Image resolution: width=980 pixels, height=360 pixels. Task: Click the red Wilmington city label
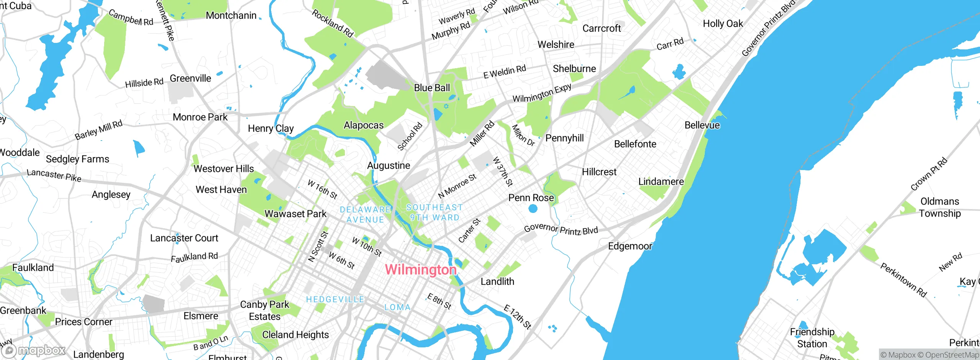(420, 270)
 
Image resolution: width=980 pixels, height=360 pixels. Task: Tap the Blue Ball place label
(432, 88)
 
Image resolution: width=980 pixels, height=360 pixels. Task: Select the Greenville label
(190, 78)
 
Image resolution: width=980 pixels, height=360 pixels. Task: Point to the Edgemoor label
(630, 246)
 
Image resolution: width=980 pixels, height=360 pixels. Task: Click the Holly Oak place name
(723, 24)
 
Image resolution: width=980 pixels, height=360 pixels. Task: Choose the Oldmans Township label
(940, 207)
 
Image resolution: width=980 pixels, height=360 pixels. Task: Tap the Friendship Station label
(812, 337)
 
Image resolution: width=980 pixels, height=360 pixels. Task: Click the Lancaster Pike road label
(54, 175)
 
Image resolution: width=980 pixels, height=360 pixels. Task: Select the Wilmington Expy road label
(542, 93)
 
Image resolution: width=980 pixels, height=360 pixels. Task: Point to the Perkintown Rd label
(903, 280)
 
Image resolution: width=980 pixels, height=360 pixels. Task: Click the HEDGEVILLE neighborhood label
(335, 299)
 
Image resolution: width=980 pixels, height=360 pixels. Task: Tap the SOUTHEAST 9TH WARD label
(434, 212)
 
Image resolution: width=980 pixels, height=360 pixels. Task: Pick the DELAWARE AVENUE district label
(365, 214)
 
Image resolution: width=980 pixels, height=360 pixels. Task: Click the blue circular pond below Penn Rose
(533, 209)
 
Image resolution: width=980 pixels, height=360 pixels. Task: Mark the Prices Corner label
(83, 322)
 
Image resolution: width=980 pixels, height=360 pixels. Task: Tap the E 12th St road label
(518, 317)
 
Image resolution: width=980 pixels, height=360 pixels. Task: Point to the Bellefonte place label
(635, 144)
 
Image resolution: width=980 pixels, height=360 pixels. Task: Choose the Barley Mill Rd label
(98, 130)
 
